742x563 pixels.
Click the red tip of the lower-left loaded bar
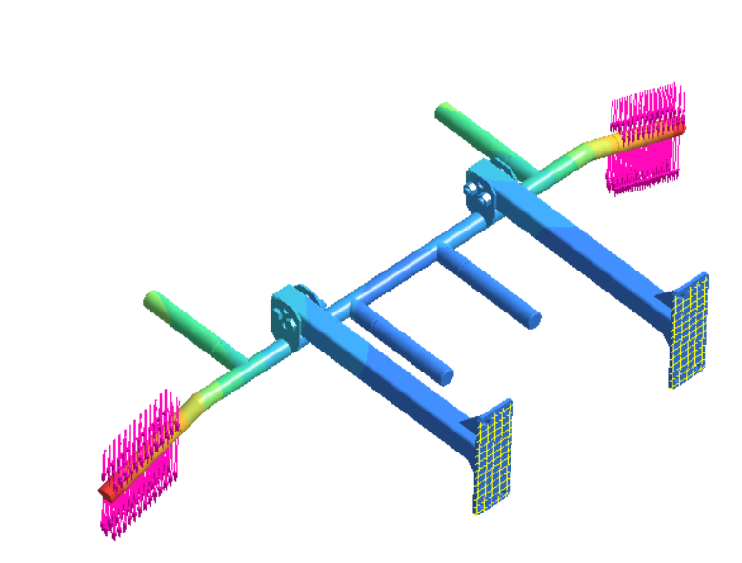click(x=107, y=490)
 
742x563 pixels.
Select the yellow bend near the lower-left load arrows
click(x=194, y=411)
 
